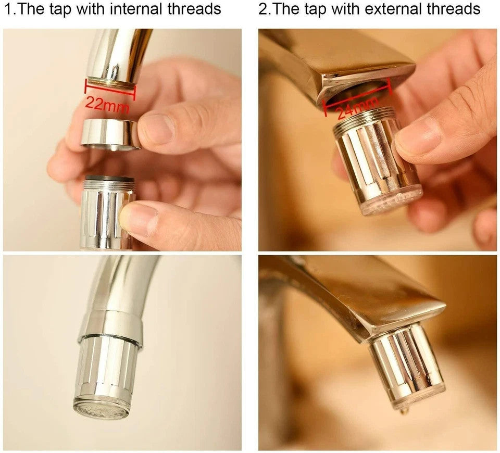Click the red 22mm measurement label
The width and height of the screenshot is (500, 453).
tap(107, 105)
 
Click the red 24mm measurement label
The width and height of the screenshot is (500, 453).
tap(358, 108)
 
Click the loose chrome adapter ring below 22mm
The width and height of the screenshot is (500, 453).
tap(110, 134)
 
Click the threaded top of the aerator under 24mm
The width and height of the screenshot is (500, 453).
tap(364, 119)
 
